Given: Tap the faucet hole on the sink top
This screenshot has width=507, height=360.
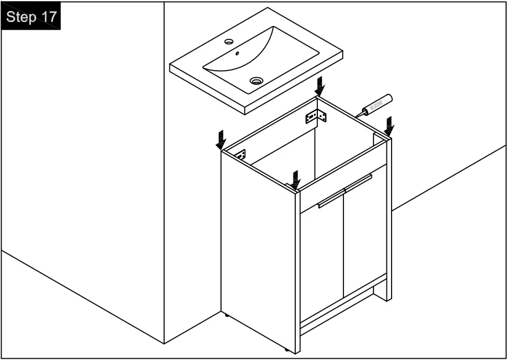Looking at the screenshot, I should coord(229,42).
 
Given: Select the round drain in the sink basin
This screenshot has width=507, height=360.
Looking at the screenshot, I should coord(256,80).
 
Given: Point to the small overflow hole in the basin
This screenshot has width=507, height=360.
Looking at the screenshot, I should coord(237,54).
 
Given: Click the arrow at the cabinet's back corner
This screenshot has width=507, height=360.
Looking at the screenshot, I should coord(320,87).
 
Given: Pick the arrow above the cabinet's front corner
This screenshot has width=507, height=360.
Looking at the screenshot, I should coord(296,179).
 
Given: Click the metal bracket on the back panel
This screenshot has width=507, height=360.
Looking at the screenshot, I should coord(316,117).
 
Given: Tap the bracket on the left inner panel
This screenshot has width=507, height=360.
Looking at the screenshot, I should coord(240,155).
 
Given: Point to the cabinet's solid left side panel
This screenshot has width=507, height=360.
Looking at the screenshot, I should coord(258,249).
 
